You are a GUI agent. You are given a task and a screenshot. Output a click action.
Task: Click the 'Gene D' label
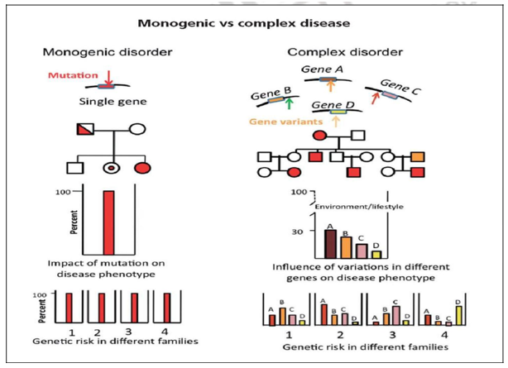coord(328,105)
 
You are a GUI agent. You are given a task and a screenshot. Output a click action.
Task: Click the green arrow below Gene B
coord(288,103)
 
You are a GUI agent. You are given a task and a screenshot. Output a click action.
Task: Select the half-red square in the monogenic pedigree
coord(84,130)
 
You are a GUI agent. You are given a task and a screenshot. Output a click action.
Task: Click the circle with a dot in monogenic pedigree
coord(108,169)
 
